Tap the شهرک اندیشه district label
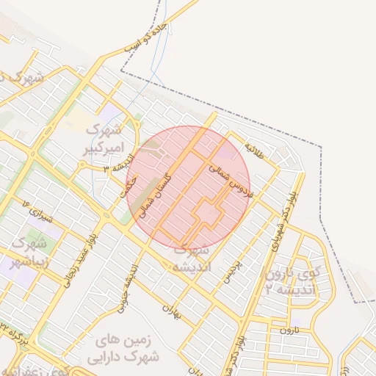pos(191,259)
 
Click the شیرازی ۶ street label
pos(37,215)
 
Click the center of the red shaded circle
pos(188,188)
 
